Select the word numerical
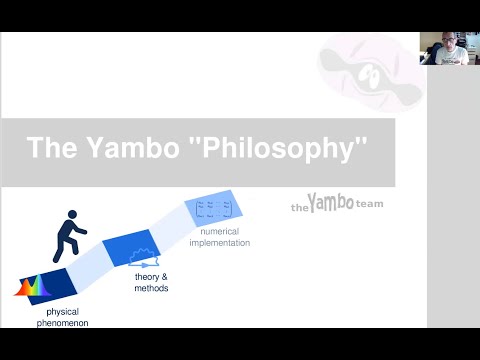point(218,233)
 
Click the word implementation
point(218,243)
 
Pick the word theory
point(146,276)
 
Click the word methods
point(152,288)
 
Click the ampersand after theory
point(165,276)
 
